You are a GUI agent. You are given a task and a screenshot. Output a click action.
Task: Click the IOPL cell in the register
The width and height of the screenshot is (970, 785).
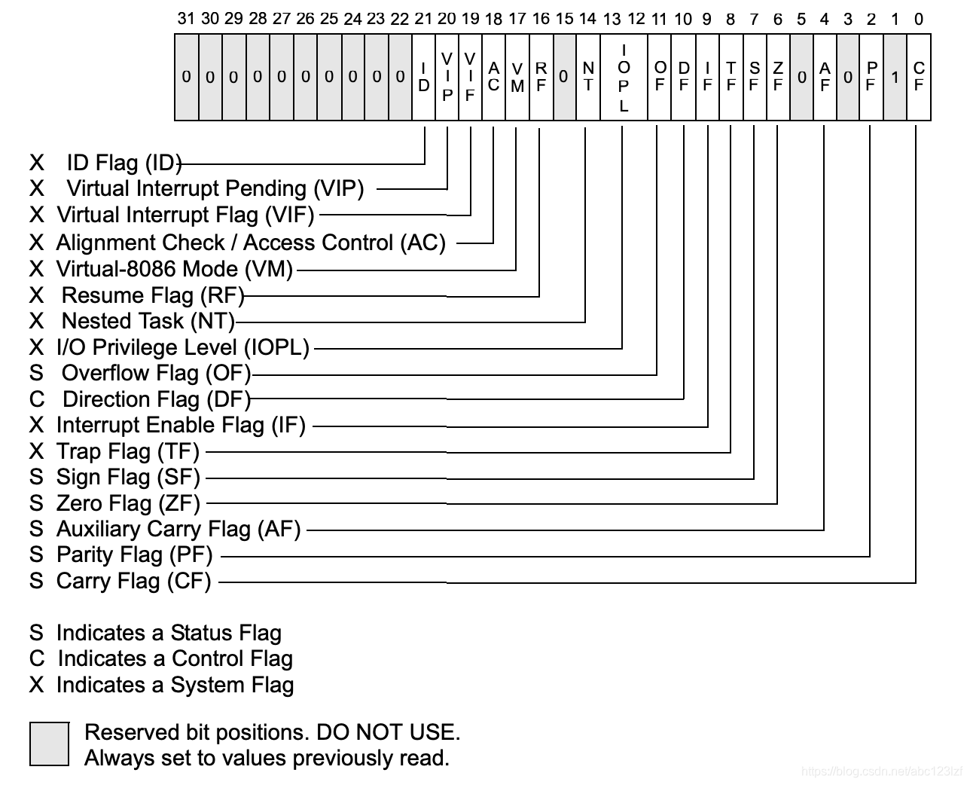click(x=624, y=78)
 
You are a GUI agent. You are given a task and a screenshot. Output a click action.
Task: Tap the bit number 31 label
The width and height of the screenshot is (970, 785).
click(x=186, y=19)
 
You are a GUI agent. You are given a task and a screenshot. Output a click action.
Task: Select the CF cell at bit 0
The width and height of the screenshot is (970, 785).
click(x=918, y=78)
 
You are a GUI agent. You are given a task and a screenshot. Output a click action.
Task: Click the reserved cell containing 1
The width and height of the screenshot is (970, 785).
click(x=895, y=78)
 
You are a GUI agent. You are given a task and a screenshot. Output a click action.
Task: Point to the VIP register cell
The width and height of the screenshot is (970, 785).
click(x=447, y=78)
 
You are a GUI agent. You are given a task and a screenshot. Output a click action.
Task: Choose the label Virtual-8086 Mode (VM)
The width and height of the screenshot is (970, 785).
click(x=174, y=269)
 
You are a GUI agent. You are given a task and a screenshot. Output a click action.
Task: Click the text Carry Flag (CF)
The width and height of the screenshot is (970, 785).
click(x=133, y=581)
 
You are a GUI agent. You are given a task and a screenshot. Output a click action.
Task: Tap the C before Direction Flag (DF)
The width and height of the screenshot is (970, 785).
click(x=37, y=399)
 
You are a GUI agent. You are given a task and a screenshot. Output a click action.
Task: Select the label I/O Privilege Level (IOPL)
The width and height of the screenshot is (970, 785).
click(x=183, y=347)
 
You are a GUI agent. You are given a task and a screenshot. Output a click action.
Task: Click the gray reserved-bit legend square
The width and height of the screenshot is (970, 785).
click(x=50, y=744)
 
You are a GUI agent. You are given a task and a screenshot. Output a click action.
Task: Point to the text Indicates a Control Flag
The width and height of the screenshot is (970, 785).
click(x=175, y=658)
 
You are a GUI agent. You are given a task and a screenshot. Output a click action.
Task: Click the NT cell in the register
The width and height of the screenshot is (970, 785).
click(x=588, y=78)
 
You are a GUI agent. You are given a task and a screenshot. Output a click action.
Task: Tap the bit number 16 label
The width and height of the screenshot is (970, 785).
click(x=540, y=19)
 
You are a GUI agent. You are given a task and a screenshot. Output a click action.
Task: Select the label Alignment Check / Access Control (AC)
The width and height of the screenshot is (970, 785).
click(x=251, y=243)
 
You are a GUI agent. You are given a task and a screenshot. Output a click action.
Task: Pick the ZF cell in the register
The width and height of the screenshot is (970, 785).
click(x=778, y=78)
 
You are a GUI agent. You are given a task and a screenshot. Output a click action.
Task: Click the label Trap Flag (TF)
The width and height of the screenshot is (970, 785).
click(x=127, y=451)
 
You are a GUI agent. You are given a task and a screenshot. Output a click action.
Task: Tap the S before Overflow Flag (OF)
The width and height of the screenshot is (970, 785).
click(x=37, y=373)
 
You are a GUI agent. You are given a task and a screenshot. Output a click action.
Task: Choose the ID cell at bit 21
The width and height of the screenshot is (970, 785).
click(x=424, y=78)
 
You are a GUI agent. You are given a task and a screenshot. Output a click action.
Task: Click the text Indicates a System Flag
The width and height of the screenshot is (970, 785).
click(x=175, y=685)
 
